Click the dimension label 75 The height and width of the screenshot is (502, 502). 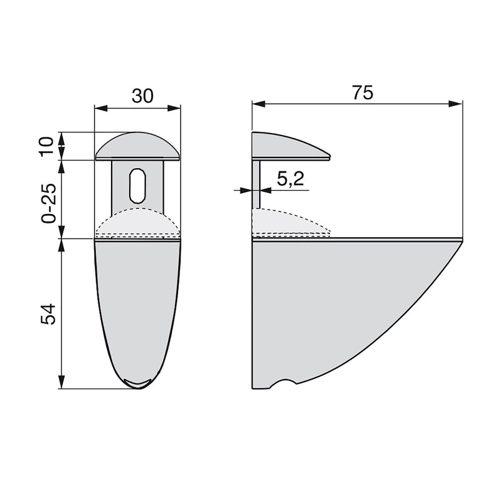point(362,92)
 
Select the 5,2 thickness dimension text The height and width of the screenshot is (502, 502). point(289,180)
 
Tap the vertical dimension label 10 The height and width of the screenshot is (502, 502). point(46,146)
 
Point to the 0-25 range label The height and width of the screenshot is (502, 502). point(46,200)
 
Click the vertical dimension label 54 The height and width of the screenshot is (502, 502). point(46,314)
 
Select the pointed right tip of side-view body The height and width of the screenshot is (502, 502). point(460,242)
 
